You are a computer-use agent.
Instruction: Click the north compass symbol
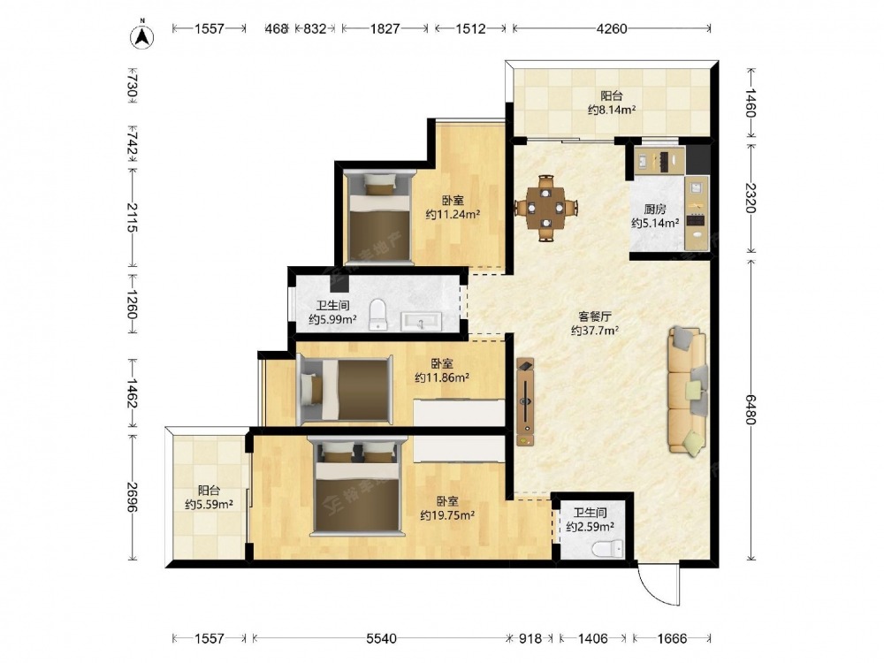(x=142, y=35)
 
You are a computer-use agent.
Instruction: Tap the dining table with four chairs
(x=545, y=208)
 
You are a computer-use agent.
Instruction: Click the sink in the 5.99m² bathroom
(x=421, y=322)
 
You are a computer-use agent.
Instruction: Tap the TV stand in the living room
(x=525, y=402)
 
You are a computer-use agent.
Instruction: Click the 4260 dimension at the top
(x=612, y=28)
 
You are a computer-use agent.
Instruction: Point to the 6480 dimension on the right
(x=751, y=409)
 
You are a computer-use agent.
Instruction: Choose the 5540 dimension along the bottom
(x=381, y=638)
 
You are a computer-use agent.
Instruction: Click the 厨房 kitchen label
(x=654, y=210)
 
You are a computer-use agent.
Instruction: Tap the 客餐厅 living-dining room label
(x=595, y=316)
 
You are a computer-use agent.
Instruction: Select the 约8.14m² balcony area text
(x=612, y=110)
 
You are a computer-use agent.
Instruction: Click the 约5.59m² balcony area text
(x=210, y=505)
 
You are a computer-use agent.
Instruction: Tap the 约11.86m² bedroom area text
(x=442, y=377)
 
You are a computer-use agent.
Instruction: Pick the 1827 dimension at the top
(x=385, y=28)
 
